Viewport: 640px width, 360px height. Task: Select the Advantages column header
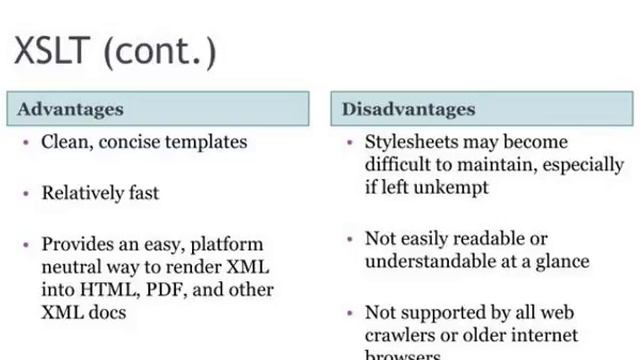point(70,109)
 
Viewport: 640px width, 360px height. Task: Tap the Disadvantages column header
point(409,109)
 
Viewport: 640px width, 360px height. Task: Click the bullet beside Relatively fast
point(26,193)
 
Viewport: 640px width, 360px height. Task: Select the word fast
point(142,193)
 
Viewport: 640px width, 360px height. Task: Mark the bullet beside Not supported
point(349,312)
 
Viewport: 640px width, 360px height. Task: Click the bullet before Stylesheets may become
point(349,142)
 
